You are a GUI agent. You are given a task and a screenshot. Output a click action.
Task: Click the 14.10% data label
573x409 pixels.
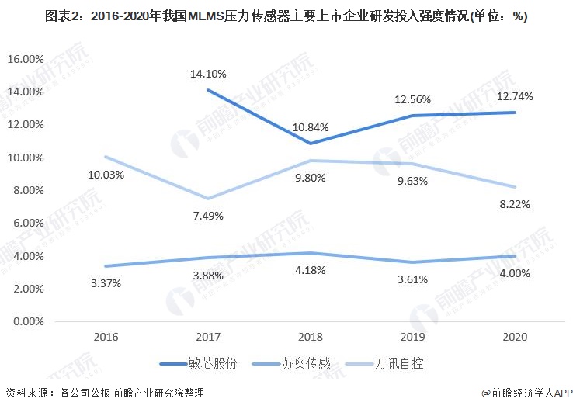pyautogui.click(x=208, y=75)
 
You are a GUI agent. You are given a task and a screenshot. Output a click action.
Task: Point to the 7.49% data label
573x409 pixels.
pyautogui.click(x=208, y=216)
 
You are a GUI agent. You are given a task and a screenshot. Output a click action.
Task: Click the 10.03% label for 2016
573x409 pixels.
pyautogui.click(x=106, y=175)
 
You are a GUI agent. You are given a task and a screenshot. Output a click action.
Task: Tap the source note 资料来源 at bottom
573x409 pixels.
pyautogui.click(x=105, y=393)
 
